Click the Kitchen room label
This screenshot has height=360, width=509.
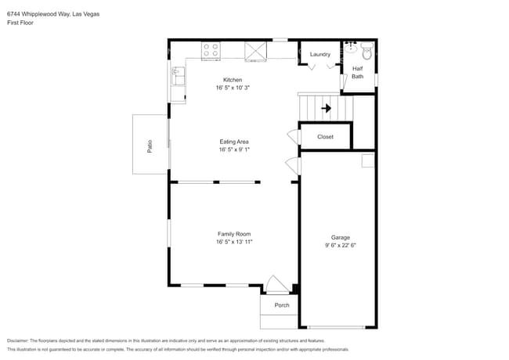pos(233,80)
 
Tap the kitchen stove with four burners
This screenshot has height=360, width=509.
pos(211,51)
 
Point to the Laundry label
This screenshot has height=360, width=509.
pos(319,54)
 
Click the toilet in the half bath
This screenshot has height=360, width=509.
pos(366,53)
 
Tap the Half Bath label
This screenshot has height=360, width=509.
pos(357,72)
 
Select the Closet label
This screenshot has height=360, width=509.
pos(325,137)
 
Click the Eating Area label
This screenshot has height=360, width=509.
pos(234,142)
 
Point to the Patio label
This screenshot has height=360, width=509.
pos(150,145)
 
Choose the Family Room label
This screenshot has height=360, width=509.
pos(234,234)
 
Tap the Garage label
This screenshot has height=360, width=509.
pos(340,237)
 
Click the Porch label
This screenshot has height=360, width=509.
pos(281,305)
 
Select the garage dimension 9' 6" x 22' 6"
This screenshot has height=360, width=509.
pos(341,245)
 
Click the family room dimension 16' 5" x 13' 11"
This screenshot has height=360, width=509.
pos(234,242)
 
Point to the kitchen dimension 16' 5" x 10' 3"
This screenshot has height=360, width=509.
pos(233,88)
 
